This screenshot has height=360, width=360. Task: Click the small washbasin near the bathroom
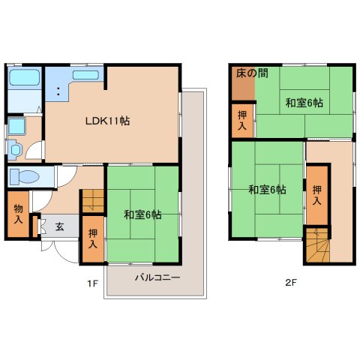tap(15, 148)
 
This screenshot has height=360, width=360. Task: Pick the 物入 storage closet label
tap(18, 214)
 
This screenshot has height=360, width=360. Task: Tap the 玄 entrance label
tap(59, 226)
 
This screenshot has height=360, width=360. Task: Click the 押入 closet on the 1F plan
tap(93, 239)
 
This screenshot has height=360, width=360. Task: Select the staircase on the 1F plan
tap(91, 200)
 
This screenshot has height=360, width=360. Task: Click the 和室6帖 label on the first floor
tap(142, 215)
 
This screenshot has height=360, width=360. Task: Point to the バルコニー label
tap(157, 277)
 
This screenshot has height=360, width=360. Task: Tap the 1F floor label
tap(92, 283)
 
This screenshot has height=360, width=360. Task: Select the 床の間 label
tap(252, 73)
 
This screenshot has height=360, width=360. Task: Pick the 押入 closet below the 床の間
tap(243, 120)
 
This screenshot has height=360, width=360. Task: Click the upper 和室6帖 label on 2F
tap(304, 103)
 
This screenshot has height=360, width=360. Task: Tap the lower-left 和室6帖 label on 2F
tap(267, 189)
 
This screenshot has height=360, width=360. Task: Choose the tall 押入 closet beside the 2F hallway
tap(316, 195)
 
